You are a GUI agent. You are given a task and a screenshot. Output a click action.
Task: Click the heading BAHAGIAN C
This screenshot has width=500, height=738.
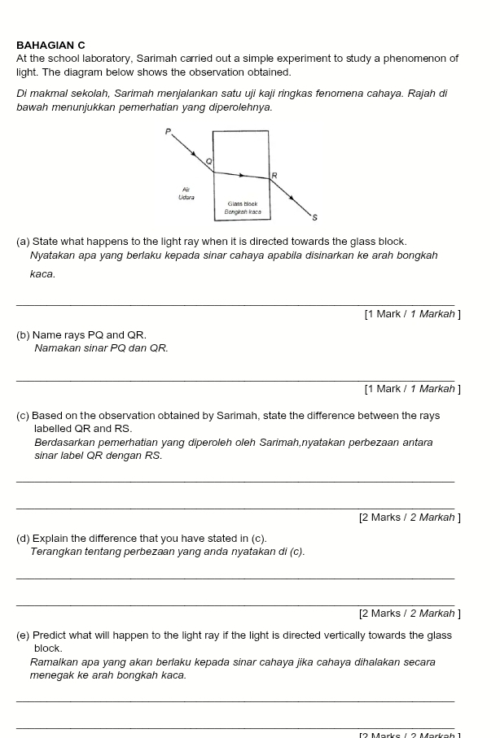(x=50, y=46)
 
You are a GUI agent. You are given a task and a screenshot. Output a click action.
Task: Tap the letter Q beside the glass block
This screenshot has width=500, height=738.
(x=208, y=161)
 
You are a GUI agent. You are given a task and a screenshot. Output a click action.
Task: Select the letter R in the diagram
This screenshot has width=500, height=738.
(x=274, y=175)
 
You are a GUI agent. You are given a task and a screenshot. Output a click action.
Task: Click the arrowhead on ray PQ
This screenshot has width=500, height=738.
(x=194, y=153)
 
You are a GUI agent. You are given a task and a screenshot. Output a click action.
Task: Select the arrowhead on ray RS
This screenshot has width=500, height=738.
(x=292, y=196)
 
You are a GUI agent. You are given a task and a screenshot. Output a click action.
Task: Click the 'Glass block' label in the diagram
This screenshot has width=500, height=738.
(x=243, y=203)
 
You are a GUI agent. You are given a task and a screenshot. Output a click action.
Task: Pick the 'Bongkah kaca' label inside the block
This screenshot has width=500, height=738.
(x=243, y=212)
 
